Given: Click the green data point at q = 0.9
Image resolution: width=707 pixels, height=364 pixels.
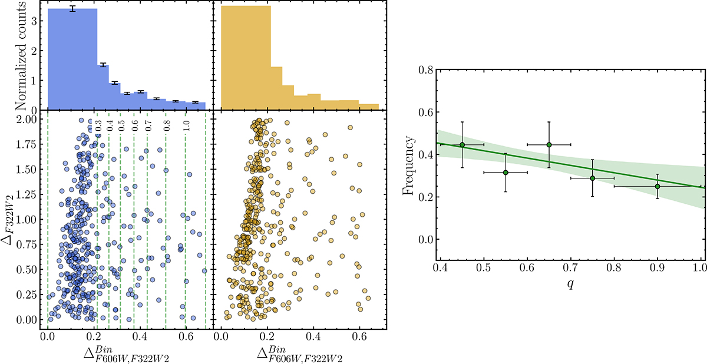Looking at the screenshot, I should point(658,186).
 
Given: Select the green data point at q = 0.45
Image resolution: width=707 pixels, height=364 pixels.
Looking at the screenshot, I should point(462,145).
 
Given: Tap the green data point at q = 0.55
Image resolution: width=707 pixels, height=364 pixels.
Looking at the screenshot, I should point(506,172).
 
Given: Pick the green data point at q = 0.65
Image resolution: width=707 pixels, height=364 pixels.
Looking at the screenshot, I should point(549,145).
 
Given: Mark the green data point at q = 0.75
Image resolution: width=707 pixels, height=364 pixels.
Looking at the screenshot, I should point(593,178).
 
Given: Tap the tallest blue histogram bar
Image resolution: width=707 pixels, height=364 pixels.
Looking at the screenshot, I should point(72,59).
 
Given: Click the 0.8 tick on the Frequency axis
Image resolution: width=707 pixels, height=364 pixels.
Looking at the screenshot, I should point(435,70).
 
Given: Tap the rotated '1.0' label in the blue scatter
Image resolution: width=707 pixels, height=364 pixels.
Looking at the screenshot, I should point(186,126).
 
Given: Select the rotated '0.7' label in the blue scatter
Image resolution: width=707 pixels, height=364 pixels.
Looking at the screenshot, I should point(148,126).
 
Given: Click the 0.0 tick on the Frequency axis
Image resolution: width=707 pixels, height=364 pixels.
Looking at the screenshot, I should point(435,239).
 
